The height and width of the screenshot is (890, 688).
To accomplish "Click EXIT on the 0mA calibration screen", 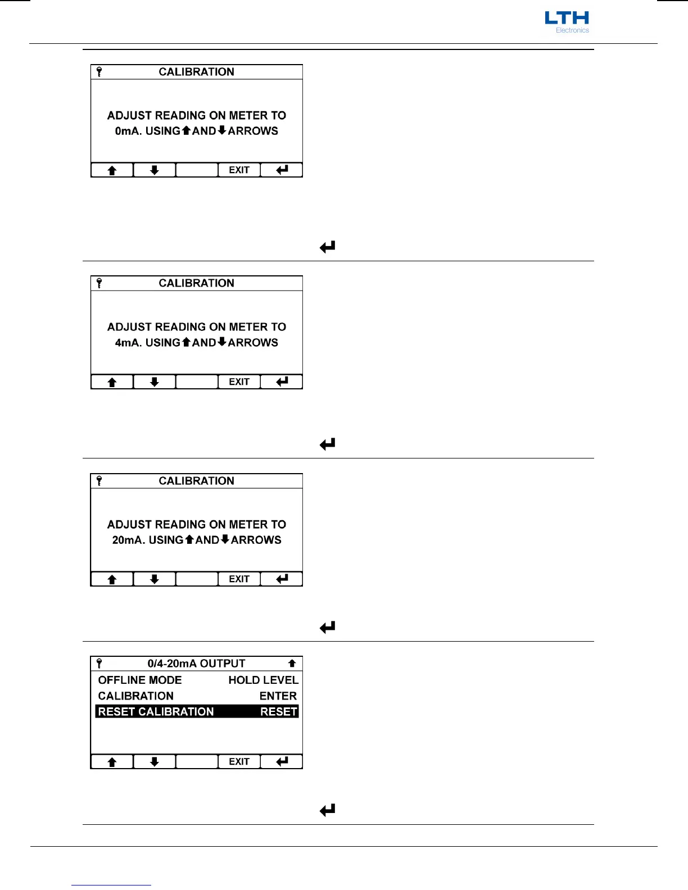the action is [239, 170].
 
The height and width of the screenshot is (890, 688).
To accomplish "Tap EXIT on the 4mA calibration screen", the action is [239, 382].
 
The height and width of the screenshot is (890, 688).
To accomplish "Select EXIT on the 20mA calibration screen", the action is [239, 579].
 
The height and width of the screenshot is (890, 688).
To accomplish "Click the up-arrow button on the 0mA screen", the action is [112, 170].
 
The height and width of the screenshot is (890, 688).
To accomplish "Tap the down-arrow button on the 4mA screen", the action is [154, 382].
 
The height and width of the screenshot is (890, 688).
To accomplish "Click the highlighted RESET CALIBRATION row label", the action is [156, 712].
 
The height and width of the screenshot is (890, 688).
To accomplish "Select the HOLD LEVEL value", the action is [263, 680].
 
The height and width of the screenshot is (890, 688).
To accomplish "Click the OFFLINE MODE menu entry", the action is [140, 680].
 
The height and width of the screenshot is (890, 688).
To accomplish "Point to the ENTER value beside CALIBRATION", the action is [278, 696].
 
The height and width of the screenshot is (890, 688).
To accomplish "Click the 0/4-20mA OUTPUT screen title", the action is [196, 664].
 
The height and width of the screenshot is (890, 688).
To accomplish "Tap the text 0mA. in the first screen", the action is [128, 131].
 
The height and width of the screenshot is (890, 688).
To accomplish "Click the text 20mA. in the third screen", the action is [129, 541].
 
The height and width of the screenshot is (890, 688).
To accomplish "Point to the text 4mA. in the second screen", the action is [128, 343].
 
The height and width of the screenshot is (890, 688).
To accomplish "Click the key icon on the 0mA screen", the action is [99, 72].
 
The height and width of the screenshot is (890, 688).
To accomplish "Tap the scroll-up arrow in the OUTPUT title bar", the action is [292, 664].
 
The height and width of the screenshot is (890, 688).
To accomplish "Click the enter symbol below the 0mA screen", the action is [327, 247].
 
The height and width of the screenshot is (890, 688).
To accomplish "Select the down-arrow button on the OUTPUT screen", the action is [154, 762].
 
